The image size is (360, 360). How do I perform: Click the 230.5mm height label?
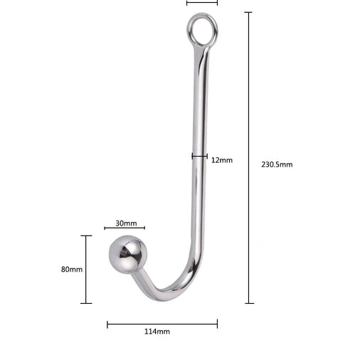(277, 164)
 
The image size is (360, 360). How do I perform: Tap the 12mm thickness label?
(223, 160)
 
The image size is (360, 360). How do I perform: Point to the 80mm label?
(72, 270)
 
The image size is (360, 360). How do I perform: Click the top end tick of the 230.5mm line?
(249, 13)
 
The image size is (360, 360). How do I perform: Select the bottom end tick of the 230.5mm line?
(249, 303)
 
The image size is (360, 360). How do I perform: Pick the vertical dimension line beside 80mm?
(86, 270)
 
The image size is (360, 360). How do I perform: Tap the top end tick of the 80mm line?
(86, 236)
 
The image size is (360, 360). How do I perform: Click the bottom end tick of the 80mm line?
(86, 303)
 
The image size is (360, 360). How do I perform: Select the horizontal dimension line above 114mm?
(162, 324)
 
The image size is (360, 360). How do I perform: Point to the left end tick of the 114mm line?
(107, 324)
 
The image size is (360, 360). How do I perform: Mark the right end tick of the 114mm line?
(218, 324)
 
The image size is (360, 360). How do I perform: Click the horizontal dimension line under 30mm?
(125, 228)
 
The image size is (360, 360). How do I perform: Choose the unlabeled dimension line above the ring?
(202, 3)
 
